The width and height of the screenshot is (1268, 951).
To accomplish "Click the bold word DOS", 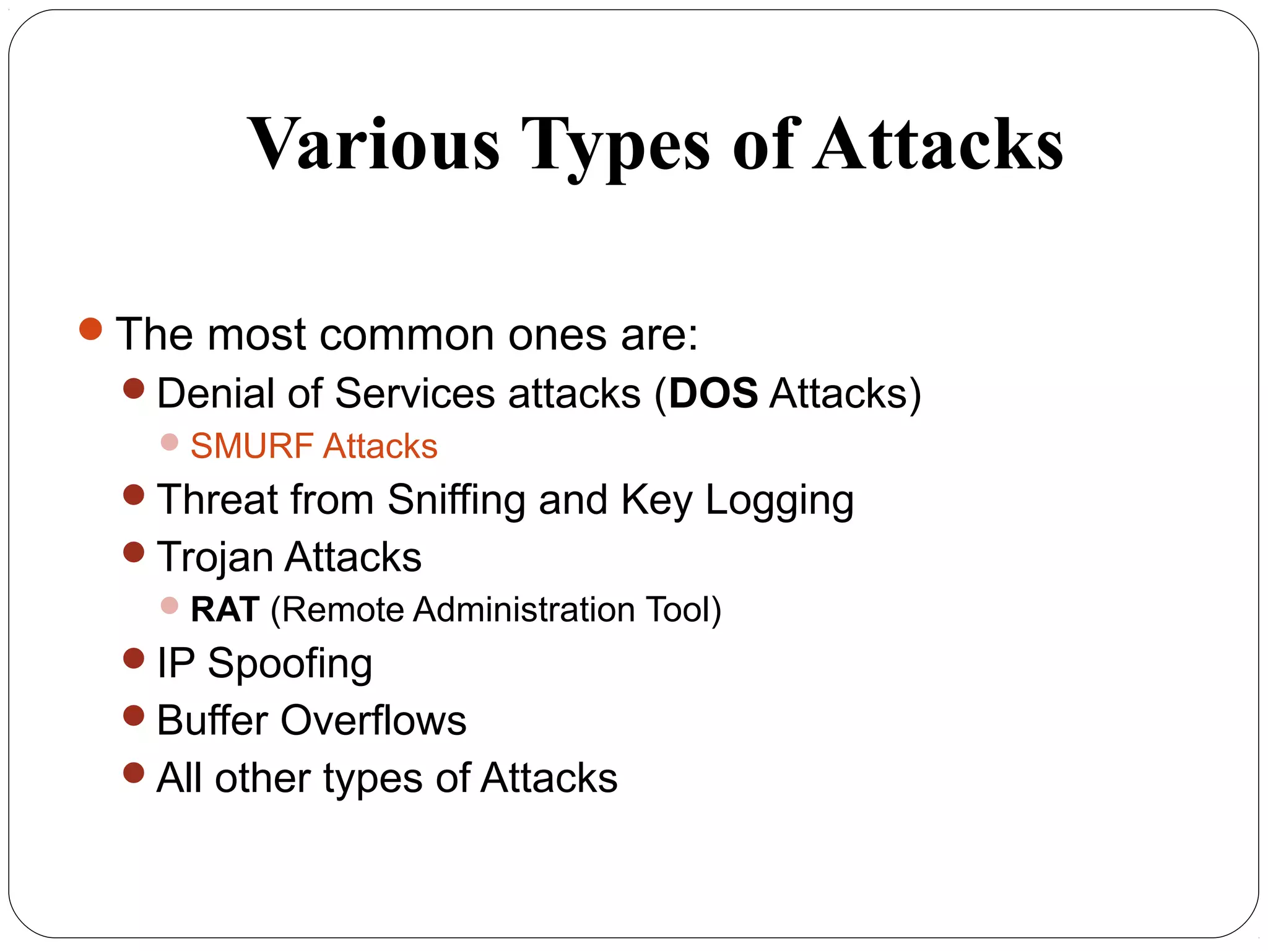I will [713, 393].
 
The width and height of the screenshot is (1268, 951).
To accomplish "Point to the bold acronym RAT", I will [225, 609].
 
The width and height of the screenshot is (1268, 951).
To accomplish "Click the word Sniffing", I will [456, 500].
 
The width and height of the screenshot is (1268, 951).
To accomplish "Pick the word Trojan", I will [214, 557].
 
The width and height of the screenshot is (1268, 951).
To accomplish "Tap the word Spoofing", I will [290, 664].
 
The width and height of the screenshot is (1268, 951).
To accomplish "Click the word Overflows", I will [373, 721].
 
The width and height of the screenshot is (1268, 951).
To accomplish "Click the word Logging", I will [779, 500].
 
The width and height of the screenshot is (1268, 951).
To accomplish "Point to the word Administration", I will [524, 609].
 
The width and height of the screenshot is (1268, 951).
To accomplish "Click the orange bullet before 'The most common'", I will [90, 329].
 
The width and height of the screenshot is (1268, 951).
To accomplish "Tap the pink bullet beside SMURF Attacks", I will [169, 442].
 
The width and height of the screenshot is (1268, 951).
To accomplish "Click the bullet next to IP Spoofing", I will [134, 658].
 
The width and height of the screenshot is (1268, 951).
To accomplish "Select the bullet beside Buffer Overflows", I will [134, 715].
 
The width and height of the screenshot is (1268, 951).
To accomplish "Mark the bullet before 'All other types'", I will [134, 773].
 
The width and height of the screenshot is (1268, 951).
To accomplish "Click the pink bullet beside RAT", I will [169, 606].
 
